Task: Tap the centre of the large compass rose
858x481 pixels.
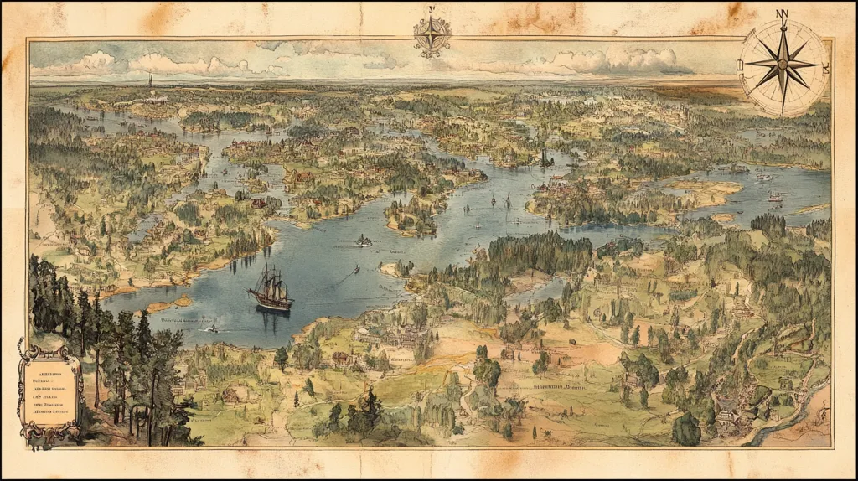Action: pos(783,66)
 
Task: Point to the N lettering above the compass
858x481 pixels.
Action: pos(783,13)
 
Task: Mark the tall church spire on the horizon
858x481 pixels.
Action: pos(151,81)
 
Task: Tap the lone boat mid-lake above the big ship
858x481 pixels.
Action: pos(364,241)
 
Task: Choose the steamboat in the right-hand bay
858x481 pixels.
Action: pos(774,198)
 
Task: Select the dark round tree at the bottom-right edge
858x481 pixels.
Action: pos(685,430)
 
